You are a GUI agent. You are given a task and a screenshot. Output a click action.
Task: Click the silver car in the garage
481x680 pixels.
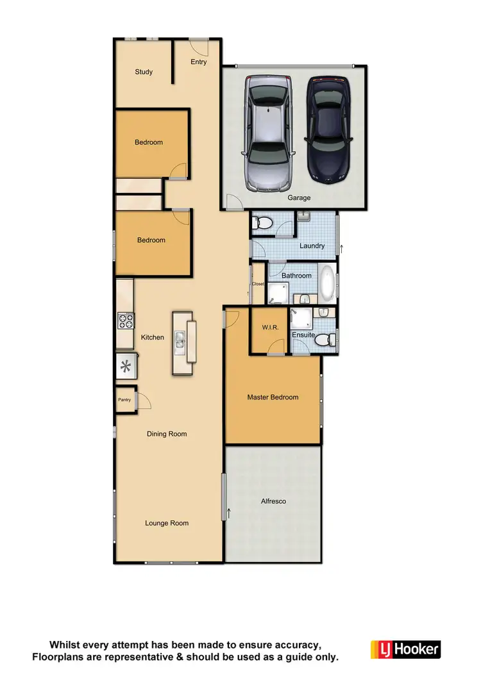click(x=266, y=133)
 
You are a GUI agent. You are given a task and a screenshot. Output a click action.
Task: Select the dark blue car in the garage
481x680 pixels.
click(x=328, y=128)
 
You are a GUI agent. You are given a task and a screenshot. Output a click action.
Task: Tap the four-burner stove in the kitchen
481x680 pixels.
click(x=124, y=320)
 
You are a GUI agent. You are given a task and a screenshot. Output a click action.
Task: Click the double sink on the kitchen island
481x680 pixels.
click(x=182, y=343)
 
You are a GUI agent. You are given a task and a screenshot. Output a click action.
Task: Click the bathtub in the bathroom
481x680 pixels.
click(x=327, y=283)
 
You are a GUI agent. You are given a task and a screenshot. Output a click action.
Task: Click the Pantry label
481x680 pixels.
click(x=124, y=400)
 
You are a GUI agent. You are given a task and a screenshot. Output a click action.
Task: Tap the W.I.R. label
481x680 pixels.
click(x=268, y=328)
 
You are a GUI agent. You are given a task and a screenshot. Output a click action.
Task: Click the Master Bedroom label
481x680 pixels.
click(x=273, y=397)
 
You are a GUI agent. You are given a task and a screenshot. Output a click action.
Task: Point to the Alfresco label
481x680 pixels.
click(x=273, y=502)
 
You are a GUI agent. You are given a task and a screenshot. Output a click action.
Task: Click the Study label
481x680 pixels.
click(x=144, y=72)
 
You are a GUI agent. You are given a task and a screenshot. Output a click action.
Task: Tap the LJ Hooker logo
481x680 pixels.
click(x=405, y=649)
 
